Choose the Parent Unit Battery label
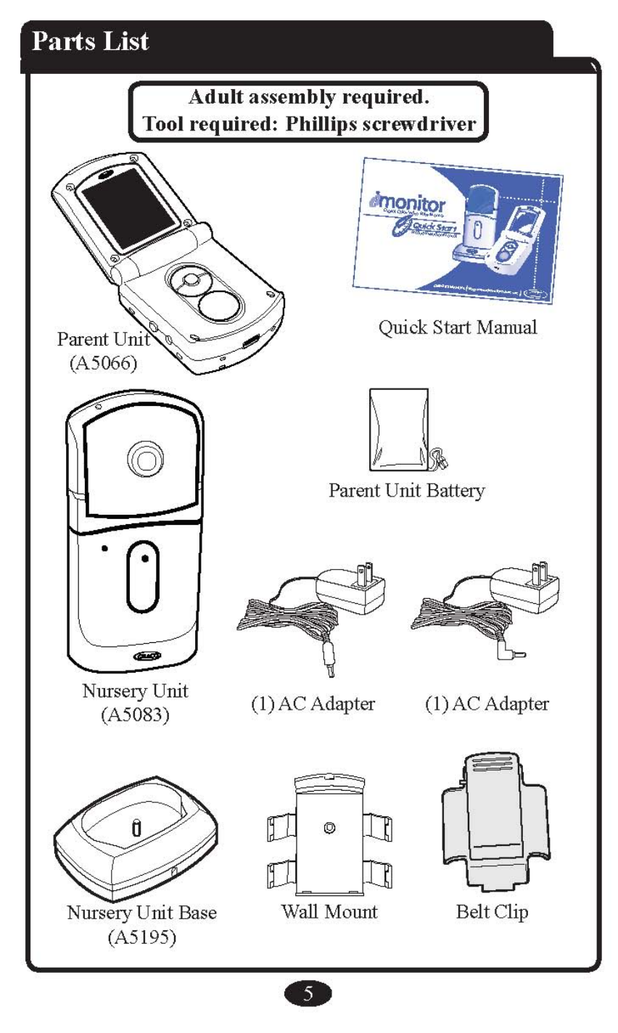point(406,491)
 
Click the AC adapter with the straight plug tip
point(312,609)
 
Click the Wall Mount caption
point(329,911)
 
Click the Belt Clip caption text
point(492,911)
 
